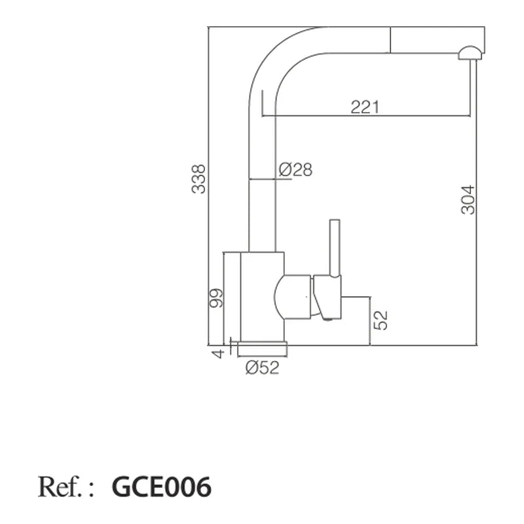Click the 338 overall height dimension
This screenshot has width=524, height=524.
coord(198,179)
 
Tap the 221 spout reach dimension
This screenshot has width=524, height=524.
coord(365,107)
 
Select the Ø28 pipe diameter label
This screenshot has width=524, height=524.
coord(295,170)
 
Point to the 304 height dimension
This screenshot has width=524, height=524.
coord(468,200)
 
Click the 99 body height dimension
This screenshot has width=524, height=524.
coord(216,298)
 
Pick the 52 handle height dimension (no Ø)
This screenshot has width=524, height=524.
coord(381,320)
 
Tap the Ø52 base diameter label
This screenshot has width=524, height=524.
coord(262,367)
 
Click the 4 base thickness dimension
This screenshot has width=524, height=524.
coord(218,354)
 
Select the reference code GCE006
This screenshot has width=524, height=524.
coord(161,487)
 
